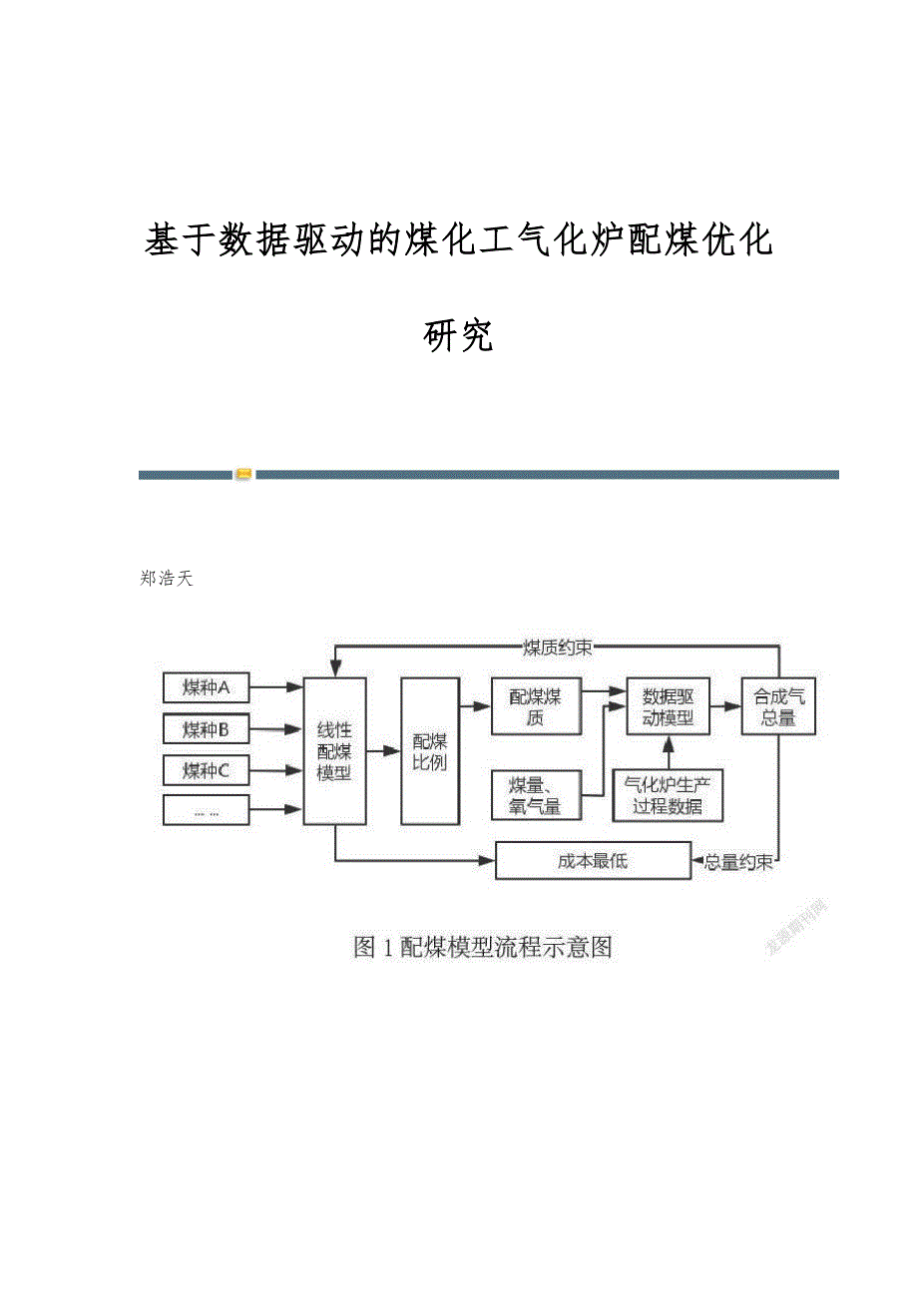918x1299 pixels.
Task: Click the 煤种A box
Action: point(207,687)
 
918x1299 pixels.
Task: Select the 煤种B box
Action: point(207,729)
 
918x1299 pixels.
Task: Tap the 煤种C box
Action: point(207,770)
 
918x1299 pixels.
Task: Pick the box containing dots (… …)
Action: point(207,811)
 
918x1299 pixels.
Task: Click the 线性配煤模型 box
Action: point(334,750)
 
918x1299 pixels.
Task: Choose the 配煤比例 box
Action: point(430,750)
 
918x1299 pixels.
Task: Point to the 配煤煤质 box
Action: point(536,706)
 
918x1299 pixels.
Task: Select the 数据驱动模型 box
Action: point(668,706)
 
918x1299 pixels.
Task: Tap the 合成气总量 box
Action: point(778,706)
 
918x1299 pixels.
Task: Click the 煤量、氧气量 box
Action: point(536,796)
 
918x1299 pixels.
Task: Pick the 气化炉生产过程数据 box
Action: point(668,796)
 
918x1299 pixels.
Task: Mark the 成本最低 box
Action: point(593,861)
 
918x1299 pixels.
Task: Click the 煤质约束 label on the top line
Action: point(558,648)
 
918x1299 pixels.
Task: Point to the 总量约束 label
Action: point(738,862)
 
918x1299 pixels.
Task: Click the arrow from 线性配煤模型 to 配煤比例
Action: point(383,750)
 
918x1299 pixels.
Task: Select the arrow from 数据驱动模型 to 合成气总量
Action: point(725,706)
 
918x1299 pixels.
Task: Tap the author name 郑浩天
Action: point(168,579)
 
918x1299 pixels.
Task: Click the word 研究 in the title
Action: point(459,336)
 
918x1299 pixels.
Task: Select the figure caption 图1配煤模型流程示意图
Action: point(483,947)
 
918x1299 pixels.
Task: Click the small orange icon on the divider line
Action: point(244,474)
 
